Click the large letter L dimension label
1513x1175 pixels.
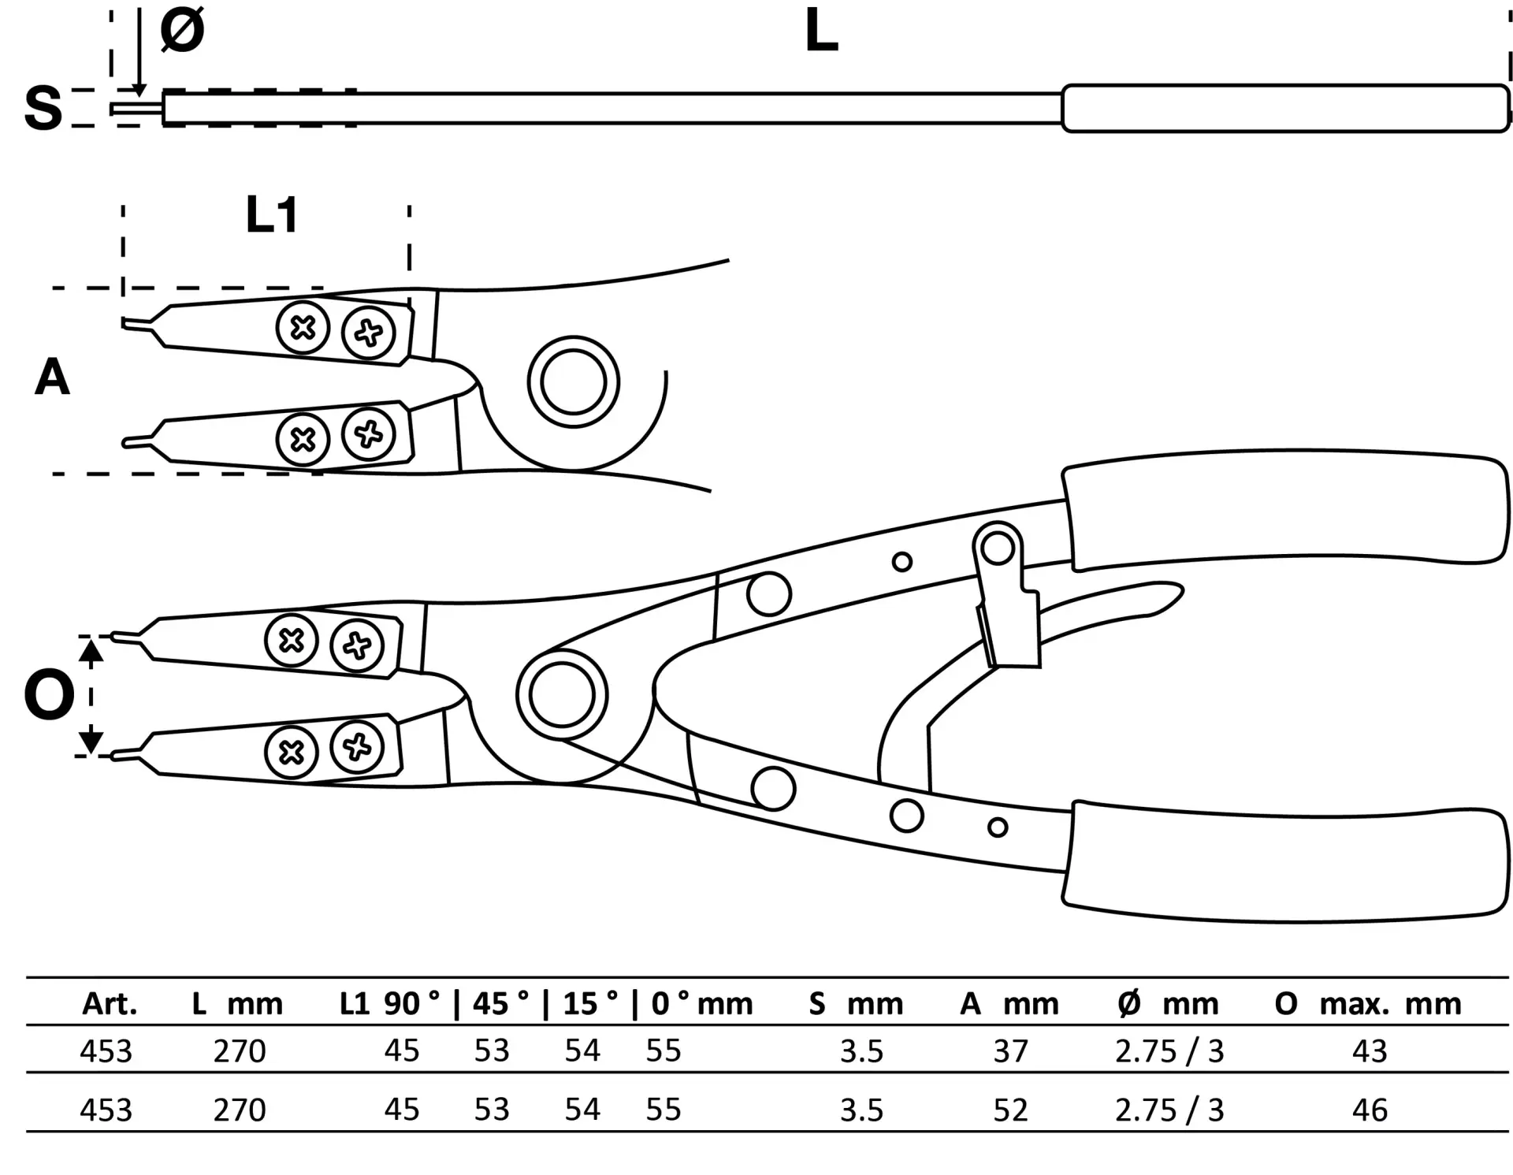coord(821,32)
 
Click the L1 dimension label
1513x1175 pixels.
coord(272,214)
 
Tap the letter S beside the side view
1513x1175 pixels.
coord(43,107)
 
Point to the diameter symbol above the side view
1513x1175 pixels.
coord(182,31)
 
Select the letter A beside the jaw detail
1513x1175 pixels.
coord(52,377)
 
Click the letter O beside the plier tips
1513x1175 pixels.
coord(49,695)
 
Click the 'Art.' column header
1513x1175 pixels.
coord(110,1003)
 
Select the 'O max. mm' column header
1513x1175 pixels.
coord(1368,1003)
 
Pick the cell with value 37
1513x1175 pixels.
coord(1010,1050)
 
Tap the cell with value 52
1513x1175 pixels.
coord(1010,1110)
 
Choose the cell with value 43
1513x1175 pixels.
coord(1370,1050)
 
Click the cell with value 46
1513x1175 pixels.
coord(1370,1110)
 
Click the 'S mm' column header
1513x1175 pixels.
coord(856,1003)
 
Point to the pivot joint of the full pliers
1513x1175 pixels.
coord(562,695)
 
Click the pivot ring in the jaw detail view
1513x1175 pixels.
coord(574,382)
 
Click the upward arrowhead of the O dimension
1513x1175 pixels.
coord(91,650)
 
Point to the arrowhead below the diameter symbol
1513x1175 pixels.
coord(139,89)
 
